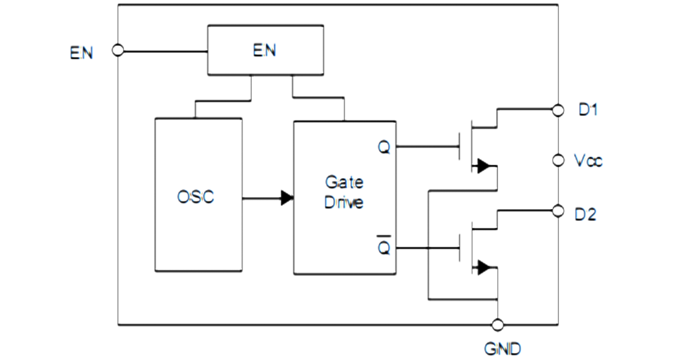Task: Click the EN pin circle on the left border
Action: tap(118, 50)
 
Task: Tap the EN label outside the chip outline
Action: tap(81, 53)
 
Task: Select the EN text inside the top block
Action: tap(264, 50)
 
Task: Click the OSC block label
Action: tap(196, 197)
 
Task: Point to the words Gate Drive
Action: tap(344, 192)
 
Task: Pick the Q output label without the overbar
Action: tap(384, 147)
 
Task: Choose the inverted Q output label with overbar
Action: tap(384, 245)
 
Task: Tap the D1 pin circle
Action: tap(558, 110)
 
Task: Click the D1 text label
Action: tap(589, 110)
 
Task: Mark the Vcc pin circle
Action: tap(558, 160)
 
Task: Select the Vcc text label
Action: tap(589, 161)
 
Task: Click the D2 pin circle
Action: tap(558, 211)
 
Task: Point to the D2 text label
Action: tap(586, 214)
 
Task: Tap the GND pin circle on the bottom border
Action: tap(498, 324)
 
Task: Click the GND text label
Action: tap(502, 349)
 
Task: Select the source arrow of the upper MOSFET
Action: tap(484, 166)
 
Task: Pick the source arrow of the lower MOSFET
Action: tap(484, 267)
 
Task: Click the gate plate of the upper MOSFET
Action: tap(460, 147)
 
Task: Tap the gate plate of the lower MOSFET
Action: tap(460, 248)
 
